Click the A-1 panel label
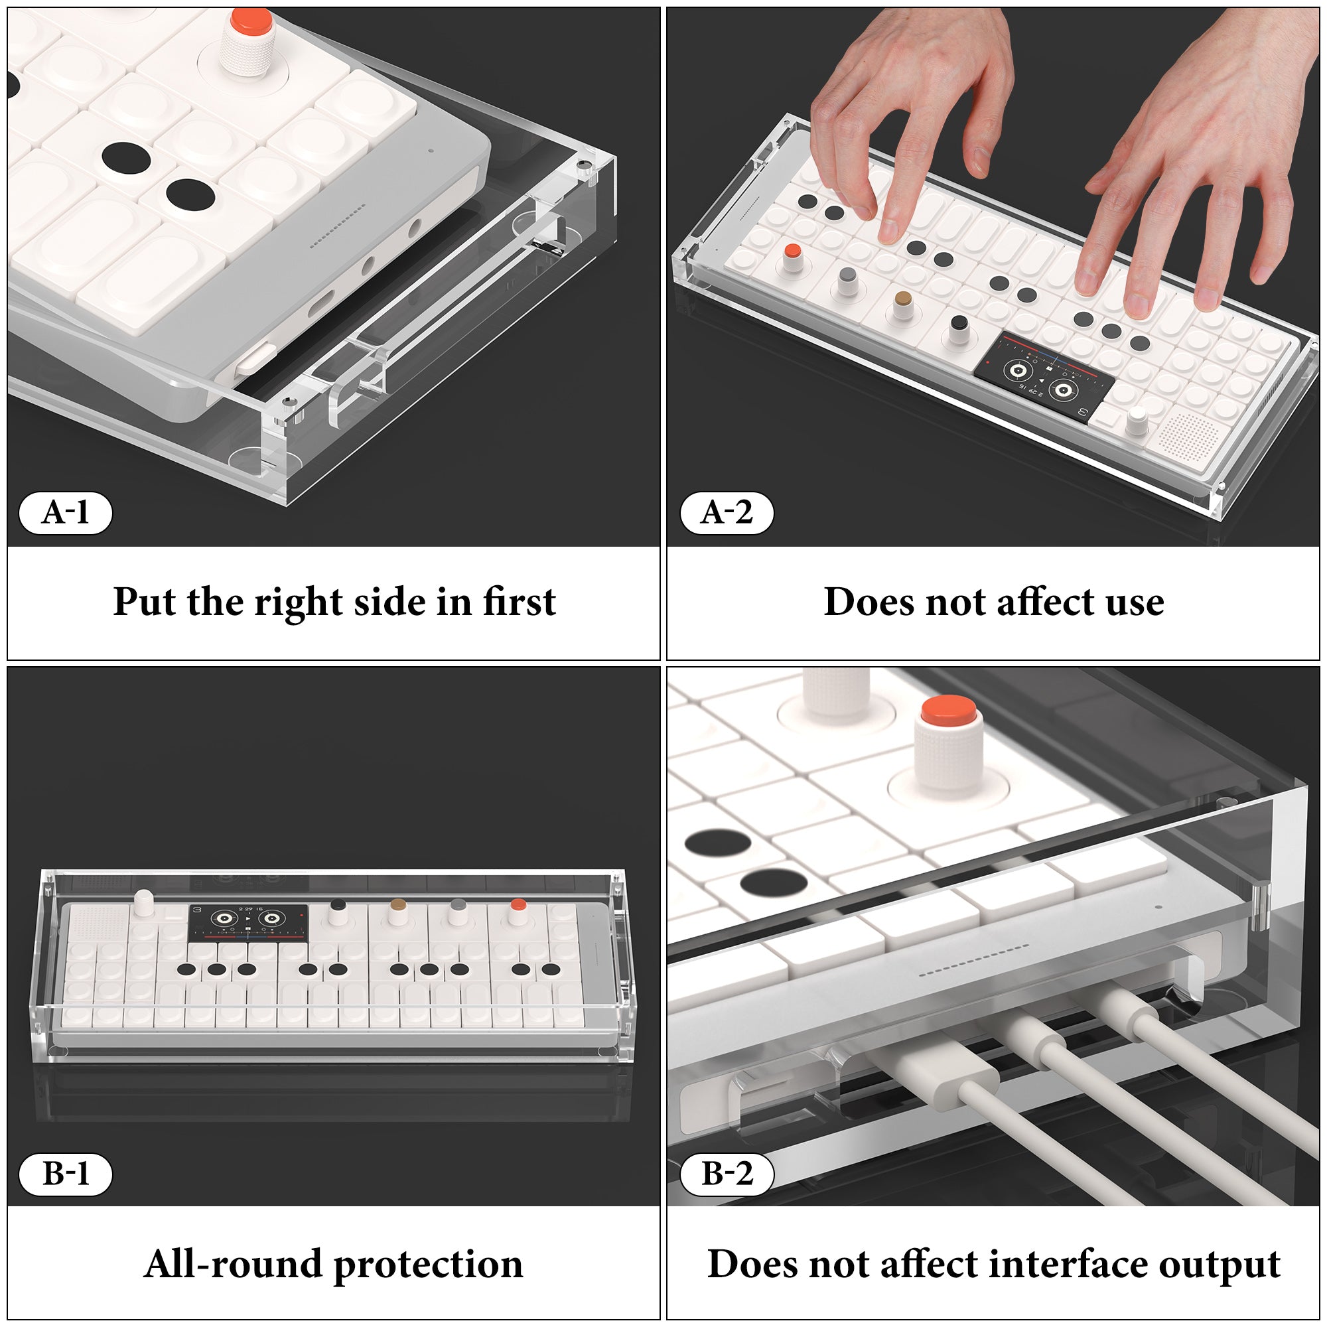[65, 512]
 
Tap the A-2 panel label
[727, 512]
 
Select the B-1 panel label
[65, 1174]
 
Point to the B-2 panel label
[727, 1174]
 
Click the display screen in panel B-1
[249, 923]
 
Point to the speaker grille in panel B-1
[96, 920]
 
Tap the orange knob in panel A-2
[793, 258]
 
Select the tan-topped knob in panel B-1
[396, 911]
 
